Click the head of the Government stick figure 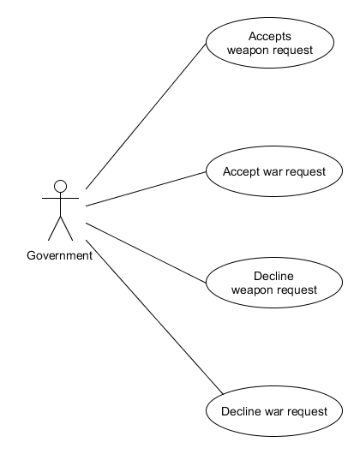(60, 186)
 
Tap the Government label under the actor (60, 255)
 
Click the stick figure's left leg (54, 228)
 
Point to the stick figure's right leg (67, 228)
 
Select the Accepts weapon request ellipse (270, 43)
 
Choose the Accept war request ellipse (274, 171)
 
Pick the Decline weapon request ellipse (274, 283)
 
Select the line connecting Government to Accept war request (146, 188)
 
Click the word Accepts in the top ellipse (270, 36)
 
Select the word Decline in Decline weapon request (274, 276)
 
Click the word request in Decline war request (307, 411)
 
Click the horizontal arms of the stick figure (60, 198)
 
